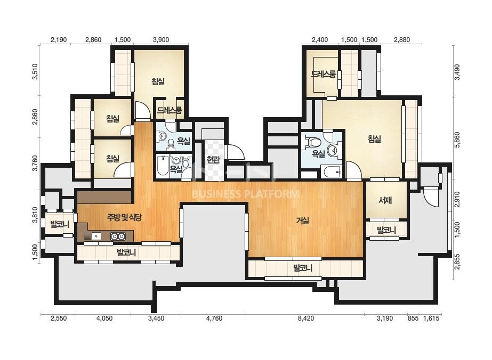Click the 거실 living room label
coord(303,220)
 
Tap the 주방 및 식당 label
coord(125,217)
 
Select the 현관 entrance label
coord(213,160)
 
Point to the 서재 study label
coord(385,200)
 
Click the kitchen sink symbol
coord(96,236)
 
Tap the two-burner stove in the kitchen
coord(118,236)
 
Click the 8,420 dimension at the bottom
coord(306,318)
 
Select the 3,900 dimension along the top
coord(161,40)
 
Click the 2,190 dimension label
coord(59,40)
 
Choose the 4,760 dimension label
coord(214,318)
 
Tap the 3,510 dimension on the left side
coord(35,72)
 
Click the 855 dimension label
coord(413,318)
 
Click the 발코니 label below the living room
coord(303,268)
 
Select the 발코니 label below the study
coord(386,231)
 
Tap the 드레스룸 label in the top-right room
coord(323,75)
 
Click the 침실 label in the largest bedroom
coord(374,138)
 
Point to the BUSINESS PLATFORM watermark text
coord(245,194)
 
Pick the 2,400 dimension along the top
coord(320,40)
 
